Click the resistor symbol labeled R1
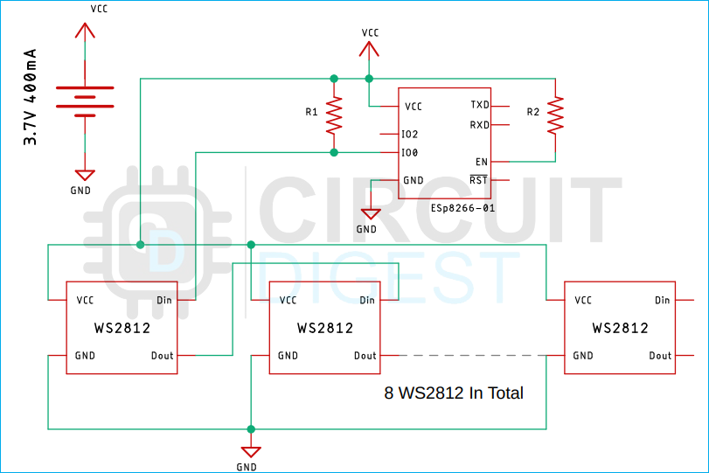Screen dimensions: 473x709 tap(333, 115)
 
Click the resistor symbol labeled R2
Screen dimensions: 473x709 tap(554, 115)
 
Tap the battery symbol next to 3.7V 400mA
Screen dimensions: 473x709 tap(84, 101)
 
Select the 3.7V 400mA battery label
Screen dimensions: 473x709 tap(30, 98)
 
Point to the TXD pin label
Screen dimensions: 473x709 tap(479, 105)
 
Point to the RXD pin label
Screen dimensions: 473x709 tap(479, 125)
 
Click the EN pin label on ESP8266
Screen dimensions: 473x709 tap(482, 162)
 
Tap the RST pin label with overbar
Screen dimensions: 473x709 tap(479, 181)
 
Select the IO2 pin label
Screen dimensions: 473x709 tap(409, 135)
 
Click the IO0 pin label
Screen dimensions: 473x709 tap(409, 153)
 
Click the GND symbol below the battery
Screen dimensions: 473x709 tap(84, 175)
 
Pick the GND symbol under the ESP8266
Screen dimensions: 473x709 tap(371, 213)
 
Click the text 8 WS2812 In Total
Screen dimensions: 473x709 tap(454, 393)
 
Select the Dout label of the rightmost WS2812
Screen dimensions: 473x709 tap(660, 356)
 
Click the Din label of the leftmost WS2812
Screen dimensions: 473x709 tap(164, 301)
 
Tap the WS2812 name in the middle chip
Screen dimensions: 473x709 tap(325, 329)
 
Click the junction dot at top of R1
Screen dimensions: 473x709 tap(333, 79)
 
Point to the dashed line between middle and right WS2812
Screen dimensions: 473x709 tap(472, 356)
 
